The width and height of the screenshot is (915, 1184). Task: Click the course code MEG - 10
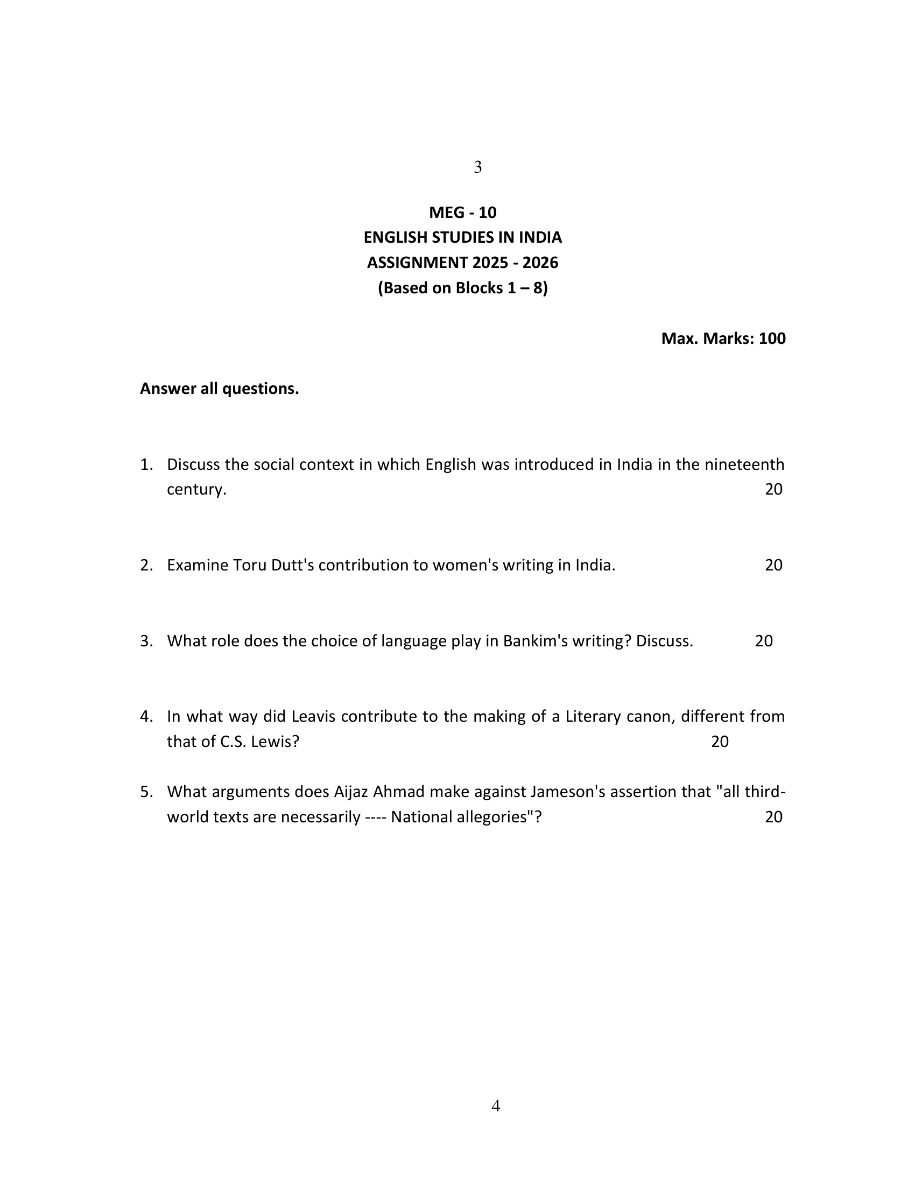pyautogui.click(x=462, y=213)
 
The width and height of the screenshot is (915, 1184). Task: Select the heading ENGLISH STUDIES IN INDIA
pyautogui.click(x=462, y=237)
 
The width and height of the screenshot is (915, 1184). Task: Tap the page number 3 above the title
pyautogui.click(x=477, y=167)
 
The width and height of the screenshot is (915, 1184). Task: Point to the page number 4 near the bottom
pyautogui.click(x=495, y=1107)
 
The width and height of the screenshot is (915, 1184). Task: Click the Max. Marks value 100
pyautogui.click(x=772, y=339)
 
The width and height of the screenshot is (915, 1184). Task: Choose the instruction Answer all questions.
pyautogui.click(x=219, y=389)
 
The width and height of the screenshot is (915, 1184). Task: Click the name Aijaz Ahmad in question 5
pyautogui.click(x=379, y=792)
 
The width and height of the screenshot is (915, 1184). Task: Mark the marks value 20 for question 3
pyautogui.click(x=764, y=642)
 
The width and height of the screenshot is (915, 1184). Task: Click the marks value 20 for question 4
pyautogui.click(x=720, y=742)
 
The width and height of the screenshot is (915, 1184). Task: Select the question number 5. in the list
pyautogui.click(x=147, y=792)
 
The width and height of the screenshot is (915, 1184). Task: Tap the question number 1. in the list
pyautogui.click(x=147, y=464)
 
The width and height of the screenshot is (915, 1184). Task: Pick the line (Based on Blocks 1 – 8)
pyautogui.click(x=462, y=288)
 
